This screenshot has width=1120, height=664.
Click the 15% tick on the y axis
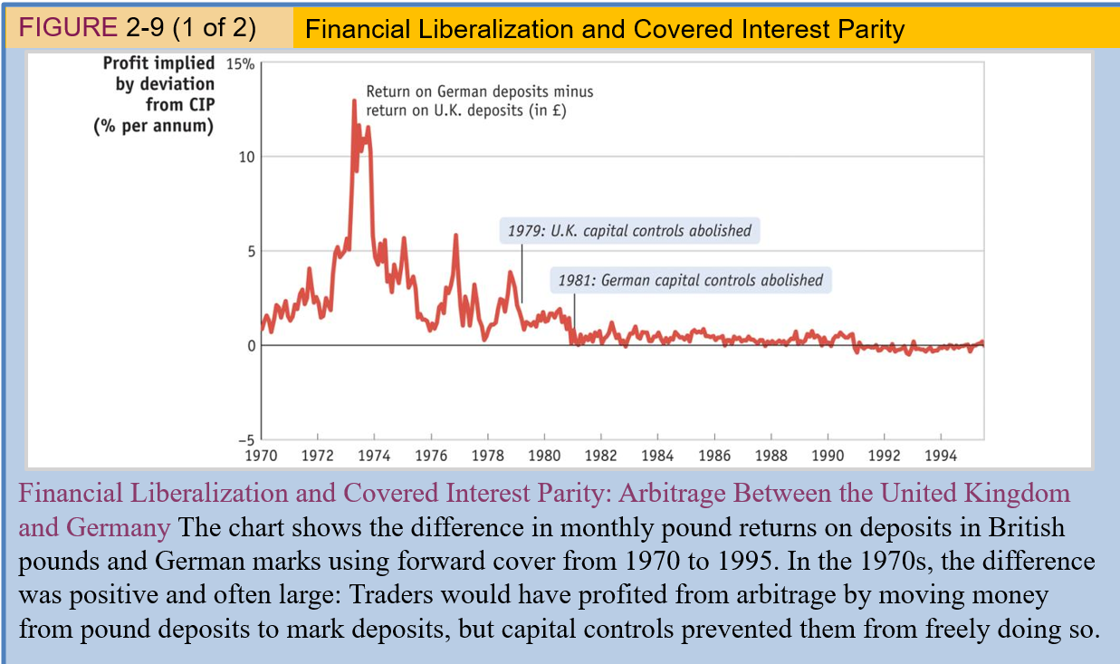(240, 63)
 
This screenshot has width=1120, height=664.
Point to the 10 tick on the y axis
(244, 157)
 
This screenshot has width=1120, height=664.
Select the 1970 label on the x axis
(262, 456)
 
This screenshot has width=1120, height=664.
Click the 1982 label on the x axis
(600, 456)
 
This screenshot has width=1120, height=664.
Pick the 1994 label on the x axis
(940, 456)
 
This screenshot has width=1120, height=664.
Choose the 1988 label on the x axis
(771, 456)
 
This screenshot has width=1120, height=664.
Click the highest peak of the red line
(354, 101)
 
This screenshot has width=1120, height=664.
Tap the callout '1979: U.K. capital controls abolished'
(629, 231)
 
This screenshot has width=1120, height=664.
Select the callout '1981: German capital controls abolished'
(690, 280)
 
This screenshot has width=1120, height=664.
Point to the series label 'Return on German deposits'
(479, 91)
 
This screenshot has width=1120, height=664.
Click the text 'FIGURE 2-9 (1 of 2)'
(137, 28)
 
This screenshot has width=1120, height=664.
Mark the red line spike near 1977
(456, 236)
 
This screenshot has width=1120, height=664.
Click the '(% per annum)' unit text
(154, 125)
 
